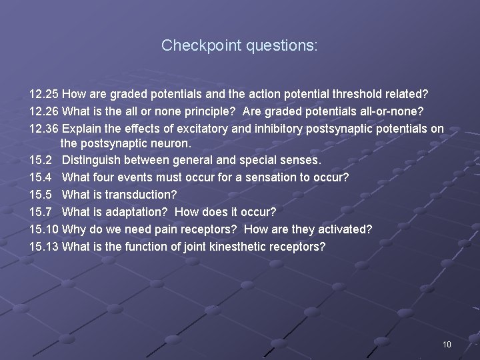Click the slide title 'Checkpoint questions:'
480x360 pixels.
point(239,45)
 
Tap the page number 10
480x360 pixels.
point(447,345)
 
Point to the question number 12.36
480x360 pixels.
point(43,129)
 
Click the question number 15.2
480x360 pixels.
point(40,160)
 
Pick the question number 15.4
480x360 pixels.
point(40,177)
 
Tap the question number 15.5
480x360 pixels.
point(40,195)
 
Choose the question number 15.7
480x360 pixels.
point(40,212)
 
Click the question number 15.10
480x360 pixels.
point(43,229)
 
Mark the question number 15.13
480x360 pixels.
point(43,247)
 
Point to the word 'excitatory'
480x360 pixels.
point(191,129)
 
